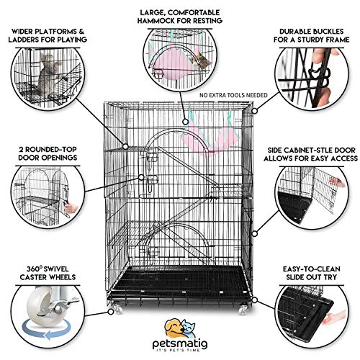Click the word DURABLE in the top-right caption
pos(289,33)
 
